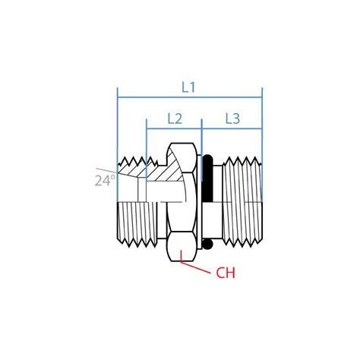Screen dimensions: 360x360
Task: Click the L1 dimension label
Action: [x=189, y=87]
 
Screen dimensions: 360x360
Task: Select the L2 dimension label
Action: [x=174, y=118]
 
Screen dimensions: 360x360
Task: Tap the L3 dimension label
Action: [x=232, y=118]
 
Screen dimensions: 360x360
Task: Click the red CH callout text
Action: [x=226, y=273]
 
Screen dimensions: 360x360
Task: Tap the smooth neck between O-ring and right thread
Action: [x=219, y=202]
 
